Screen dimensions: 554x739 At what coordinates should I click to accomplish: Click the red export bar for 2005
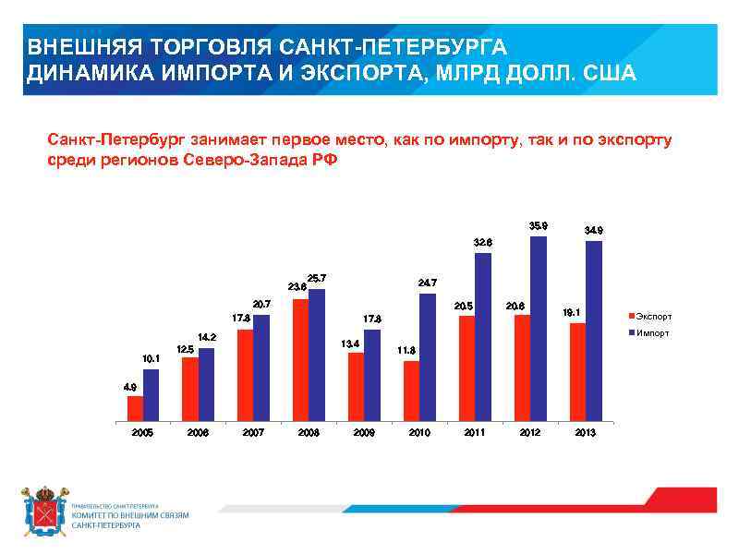click(135, 408)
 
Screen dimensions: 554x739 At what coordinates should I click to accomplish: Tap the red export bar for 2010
click(412, 391)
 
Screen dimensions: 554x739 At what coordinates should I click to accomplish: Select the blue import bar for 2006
click(206, 384)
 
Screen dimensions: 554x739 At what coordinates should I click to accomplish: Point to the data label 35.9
click(538, 225)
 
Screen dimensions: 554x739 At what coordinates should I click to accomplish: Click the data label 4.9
click(130, 387)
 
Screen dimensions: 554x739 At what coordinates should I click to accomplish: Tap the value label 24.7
click(427, 283)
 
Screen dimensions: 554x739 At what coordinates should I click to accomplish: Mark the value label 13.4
click(349, 343)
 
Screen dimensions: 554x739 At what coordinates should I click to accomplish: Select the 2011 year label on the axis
click(474, 432)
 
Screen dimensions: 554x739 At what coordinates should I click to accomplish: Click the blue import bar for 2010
click(428, 356)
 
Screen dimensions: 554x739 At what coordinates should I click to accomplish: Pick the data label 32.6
click(482, 242)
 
